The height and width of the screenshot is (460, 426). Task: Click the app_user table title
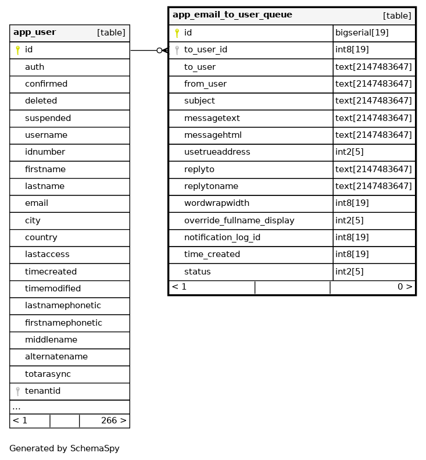coord(34,33)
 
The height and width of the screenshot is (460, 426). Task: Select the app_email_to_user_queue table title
coord(232,15)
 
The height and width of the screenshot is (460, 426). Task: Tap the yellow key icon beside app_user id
coord(17,50)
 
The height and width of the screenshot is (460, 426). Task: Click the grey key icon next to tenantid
coord(17,391)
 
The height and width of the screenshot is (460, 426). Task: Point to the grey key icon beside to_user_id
coord(177,50)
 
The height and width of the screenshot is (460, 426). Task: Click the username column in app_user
coord(46,135)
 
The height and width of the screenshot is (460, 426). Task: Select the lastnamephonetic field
coord(63,305)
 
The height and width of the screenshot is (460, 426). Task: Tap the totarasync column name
coord(48,374)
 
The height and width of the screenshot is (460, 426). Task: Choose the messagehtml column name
coord(213,135)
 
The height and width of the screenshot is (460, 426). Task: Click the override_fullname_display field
coord(239,220)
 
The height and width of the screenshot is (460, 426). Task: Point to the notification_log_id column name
coord(222,237)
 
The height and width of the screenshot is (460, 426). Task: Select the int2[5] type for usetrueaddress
coord(349,152)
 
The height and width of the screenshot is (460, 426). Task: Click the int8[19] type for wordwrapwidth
coord(352,203)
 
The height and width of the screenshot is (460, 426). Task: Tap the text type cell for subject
coord(373,101)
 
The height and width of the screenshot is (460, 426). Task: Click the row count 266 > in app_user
coord(113,420)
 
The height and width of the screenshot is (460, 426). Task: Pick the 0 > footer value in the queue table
coord(404,287)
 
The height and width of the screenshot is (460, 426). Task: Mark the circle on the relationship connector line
coord(159,51)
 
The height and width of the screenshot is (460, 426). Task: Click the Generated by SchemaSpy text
coord(64,448)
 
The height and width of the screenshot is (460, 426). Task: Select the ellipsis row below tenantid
coord(16,407)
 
